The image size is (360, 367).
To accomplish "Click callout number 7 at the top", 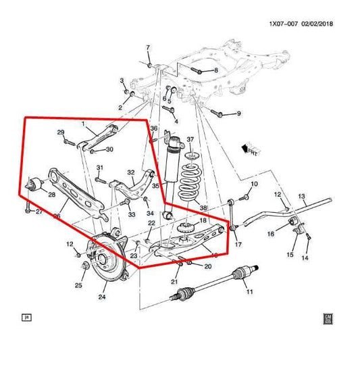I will tap(149, 47).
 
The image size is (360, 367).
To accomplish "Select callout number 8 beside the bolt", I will tap(215, 70).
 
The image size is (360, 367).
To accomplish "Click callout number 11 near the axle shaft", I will tap(249, 292).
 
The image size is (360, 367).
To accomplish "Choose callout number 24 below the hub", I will tap(103, 295).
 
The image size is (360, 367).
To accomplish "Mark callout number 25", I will tap(78, 285).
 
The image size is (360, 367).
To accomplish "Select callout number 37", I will tap(190, 140).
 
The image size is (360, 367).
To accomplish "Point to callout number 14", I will tap(305, 258).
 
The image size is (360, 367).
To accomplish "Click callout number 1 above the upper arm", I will tap(83, 124).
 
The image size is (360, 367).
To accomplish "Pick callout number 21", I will tap(174, 282).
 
